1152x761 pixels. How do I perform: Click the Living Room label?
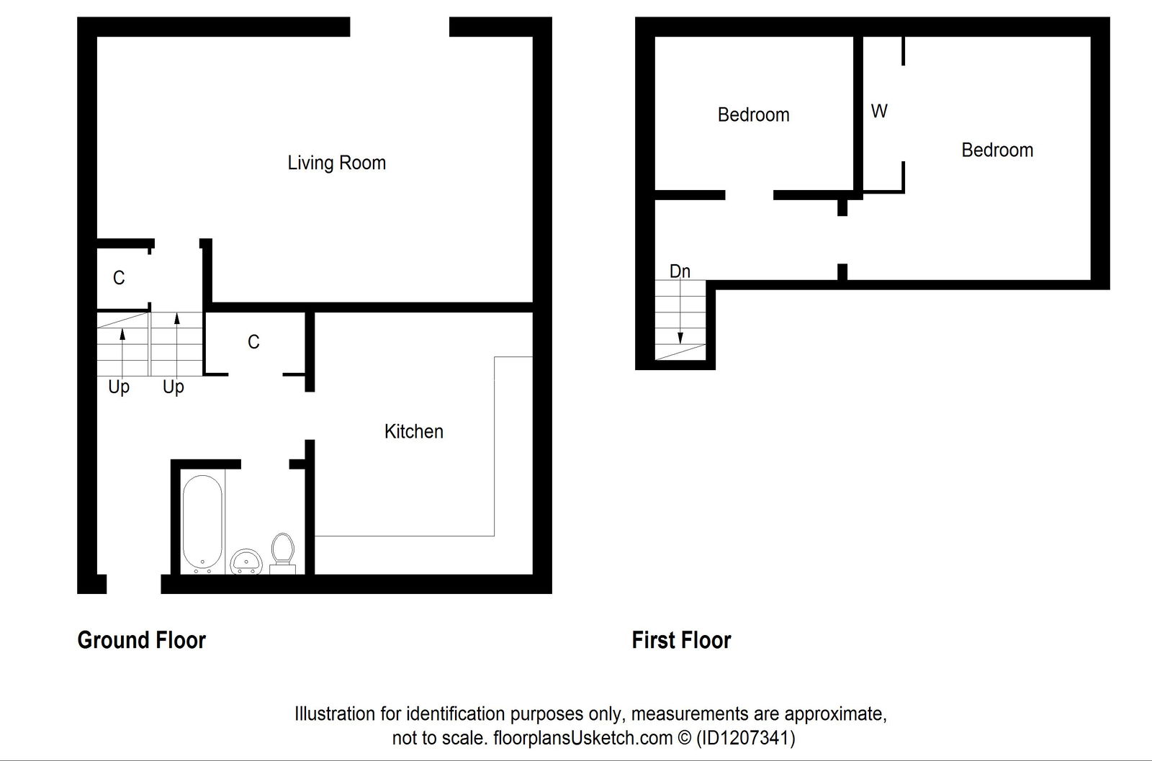click(336, 163)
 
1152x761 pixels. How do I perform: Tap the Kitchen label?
click(413, 431)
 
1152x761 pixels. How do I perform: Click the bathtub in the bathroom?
click(202, 523)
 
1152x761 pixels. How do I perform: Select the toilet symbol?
click(282, 552)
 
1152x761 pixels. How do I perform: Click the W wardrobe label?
click(879, 111)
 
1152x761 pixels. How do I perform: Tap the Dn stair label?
click(680, 271)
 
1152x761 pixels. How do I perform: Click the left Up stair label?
click(119, 387)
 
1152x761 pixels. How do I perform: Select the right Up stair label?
click(174, 387)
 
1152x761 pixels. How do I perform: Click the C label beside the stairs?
click(119, 278)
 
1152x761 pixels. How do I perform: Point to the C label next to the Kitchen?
click(253, 342)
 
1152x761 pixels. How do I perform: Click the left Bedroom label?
click(753, 114)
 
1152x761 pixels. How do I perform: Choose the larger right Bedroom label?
click(997, 150)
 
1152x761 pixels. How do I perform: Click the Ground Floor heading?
click(141, 640)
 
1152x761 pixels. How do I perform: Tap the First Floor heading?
click(681, 640)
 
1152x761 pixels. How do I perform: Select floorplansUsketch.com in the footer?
click(582, 738)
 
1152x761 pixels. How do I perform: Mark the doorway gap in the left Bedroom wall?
click(749, 195)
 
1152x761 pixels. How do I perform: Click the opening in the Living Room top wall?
click(400, 27)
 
